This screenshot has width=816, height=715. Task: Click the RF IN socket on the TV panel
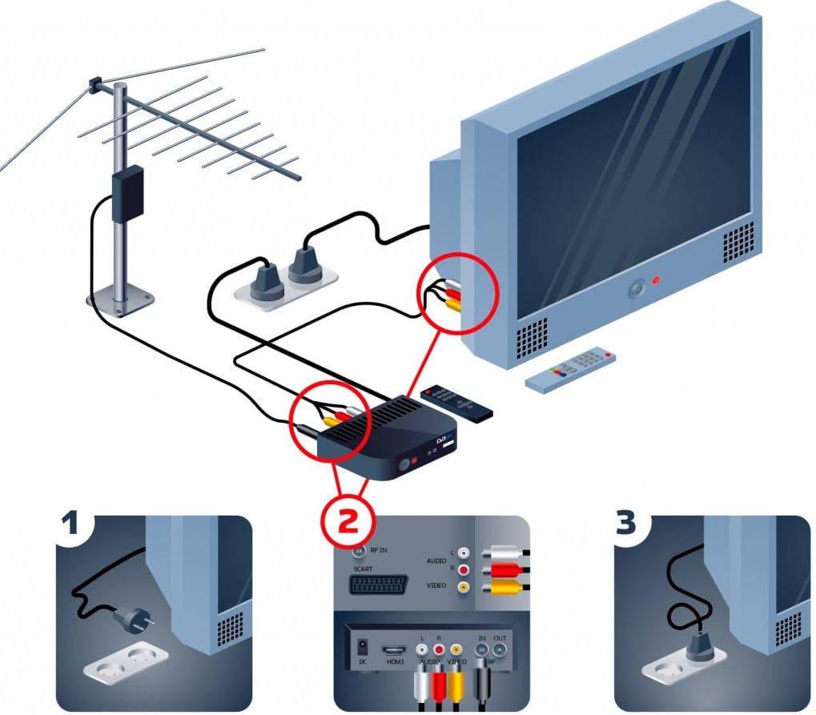tap(360, 549)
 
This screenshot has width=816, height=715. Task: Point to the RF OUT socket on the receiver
tap(501, 649)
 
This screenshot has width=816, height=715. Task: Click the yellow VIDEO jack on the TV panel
tap(462, 587)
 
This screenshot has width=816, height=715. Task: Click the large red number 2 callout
tap(348, 520)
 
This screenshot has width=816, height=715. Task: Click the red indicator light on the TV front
tap(656, 280)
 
